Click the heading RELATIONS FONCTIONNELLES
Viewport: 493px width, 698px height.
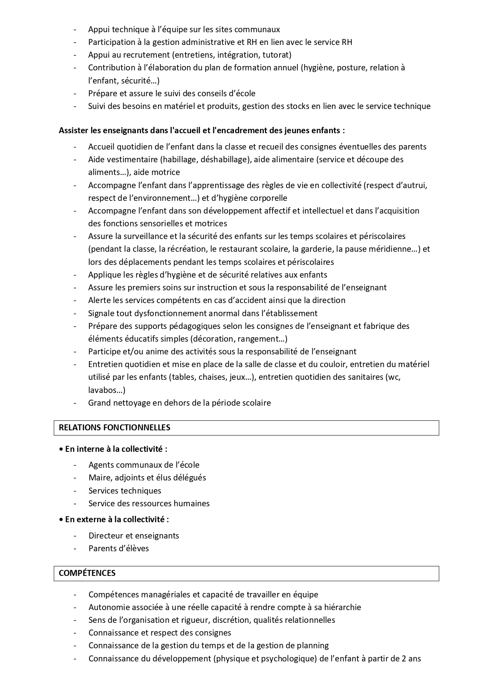tap(114, 428)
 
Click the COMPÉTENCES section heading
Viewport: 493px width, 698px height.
tap(87, 573)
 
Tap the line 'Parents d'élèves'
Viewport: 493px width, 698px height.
tap(118, 548)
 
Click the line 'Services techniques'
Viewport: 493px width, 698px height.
tap(125, 491)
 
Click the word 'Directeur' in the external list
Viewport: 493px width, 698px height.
tap(105, 536)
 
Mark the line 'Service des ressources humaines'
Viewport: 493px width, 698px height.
tap(149, 504)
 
